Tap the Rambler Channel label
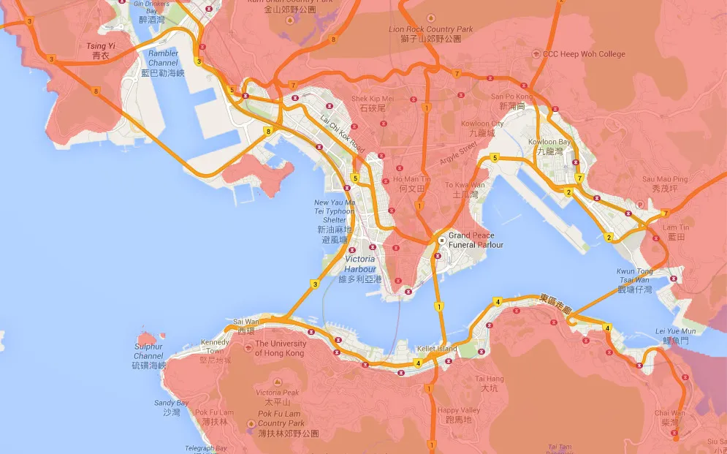click(163, 58)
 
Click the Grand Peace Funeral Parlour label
click(471, 240)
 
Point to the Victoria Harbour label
click(359, 264)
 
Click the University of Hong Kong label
click(279, 348)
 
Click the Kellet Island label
click(437, 349)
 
